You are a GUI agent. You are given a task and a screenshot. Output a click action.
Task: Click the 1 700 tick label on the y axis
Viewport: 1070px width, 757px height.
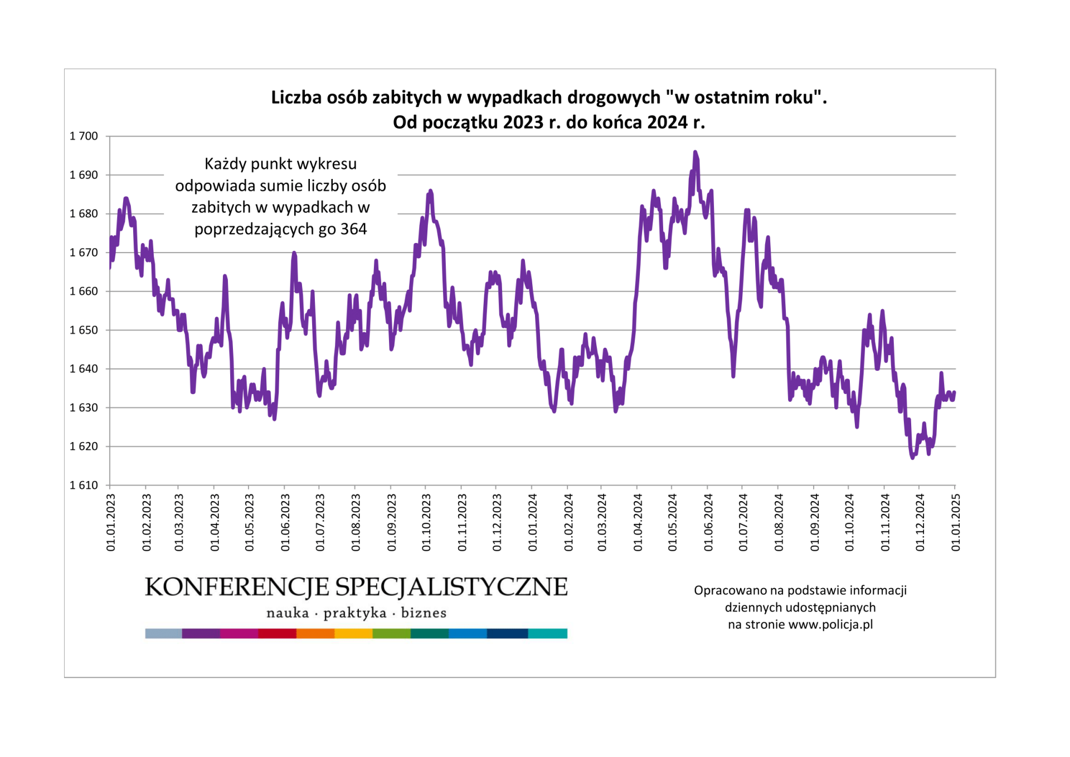[x=84, y=136]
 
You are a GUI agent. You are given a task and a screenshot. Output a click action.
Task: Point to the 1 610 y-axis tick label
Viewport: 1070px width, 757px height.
[x=84, y=485]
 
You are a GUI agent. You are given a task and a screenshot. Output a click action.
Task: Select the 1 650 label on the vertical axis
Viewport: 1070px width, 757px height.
[x=84, y=330]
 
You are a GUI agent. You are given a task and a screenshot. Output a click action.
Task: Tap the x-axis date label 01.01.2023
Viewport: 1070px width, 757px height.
[x=111, y=522]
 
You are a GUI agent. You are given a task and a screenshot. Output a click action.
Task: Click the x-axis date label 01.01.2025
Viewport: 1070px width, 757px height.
[x=956, y=522]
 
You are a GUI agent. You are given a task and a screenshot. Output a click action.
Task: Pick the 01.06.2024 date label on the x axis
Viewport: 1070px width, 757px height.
[x=708, y=522]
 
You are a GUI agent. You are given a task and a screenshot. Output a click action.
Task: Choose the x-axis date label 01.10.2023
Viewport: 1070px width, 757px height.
[x=426, y=522]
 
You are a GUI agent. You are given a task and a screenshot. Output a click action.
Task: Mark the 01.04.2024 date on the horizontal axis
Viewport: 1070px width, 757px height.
[x=638, y=522]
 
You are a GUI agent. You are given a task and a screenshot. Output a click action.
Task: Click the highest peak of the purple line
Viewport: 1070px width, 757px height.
[x=695, y=152]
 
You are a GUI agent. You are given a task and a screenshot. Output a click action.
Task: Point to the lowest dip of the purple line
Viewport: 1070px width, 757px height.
[x=912, y=458]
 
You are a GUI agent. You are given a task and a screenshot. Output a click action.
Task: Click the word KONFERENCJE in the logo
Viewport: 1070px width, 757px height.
[x=237, y=588]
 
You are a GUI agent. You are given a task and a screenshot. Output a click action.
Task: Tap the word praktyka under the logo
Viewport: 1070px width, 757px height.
[x=355, y=613]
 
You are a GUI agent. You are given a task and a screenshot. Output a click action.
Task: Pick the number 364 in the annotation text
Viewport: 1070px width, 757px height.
[x=354, y=229]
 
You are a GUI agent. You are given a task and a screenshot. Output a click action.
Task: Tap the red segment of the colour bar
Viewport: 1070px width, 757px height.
[x=277, y=633]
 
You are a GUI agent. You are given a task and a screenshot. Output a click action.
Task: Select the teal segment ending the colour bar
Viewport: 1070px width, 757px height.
[x=547, y=633]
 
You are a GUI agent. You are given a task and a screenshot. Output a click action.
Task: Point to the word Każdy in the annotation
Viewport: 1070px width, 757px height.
[x=224, y=164]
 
